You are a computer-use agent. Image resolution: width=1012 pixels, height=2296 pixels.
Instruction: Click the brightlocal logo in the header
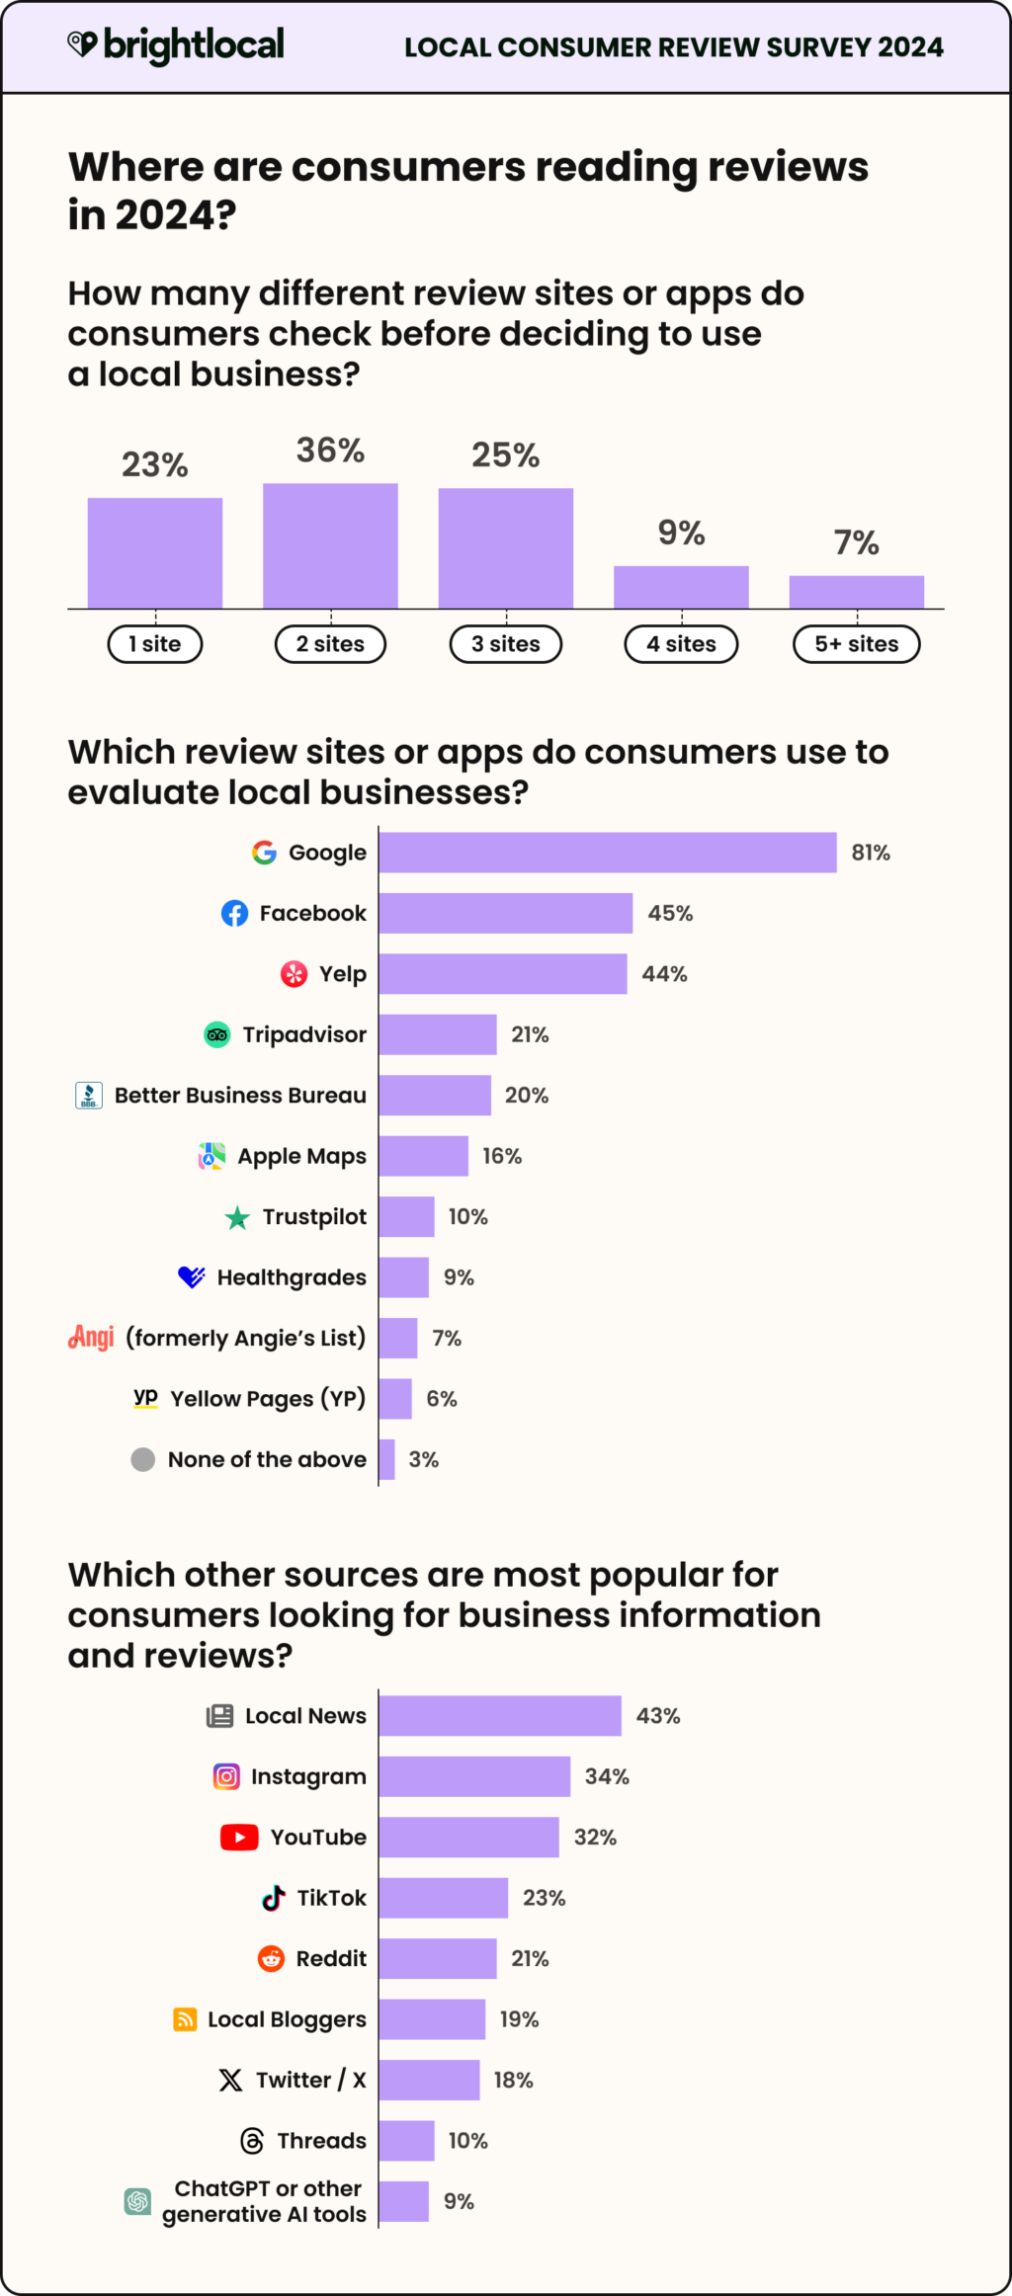click(176, 44)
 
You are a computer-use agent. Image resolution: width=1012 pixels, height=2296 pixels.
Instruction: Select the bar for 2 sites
click(330, 545)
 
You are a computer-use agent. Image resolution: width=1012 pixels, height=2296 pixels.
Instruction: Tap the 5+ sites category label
click(856, 644)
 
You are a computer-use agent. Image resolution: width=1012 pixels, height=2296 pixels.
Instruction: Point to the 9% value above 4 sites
click(681, 533)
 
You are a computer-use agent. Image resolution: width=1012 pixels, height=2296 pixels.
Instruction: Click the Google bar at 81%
click(607, 853)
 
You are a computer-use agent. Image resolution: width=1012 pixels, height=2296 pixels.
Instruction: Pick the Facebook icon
click(234, 913)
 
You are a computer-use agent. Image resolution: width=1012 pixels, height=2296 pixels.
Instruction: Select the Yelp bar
click(502, 974)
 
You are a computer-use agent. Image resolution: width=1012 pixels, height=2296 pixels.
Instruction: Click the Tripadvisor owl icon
click(216, 1034)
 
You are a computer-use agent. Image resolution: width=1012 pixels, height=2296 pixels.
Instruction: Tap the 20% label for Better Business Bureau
click(526, 1096)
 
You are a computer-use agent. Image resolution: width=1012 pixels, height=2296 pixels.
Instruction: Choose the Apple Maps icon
click(211, 1156)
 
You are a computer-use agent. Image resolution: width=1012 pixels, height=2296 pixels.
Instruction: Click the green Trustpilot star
click(237, 1217)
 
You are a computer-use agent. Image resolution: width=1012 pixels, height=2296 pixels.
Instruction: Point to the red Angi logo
click(91, 1337)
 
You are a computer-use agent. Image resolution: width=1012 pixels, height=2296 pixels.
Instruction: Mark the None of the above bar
click(386, 1459)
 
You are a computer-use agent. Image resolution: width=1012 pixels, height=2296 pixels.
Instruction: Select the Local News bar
click(499, 1716)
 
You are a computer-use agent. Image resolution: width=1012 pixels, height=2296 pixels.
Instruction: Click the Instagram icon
click(226, 1776)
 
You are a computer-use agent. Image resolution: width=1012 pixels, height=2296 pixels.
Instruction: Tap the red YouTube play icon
click(239, 1838)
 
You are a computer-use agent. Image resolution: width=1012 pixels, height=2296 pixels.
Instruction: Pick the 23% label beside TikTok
click(544, 1898)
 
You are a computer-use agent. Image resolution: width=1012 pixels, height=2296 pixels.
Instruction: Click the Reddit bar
click(437, 1958)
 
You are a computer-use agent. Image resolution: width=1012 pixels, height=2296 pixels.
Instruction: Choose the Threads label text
click(321, 2141)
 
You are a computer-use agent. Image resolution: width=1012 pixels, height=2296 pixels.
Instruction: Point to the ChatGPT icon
click(137, 2201)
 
